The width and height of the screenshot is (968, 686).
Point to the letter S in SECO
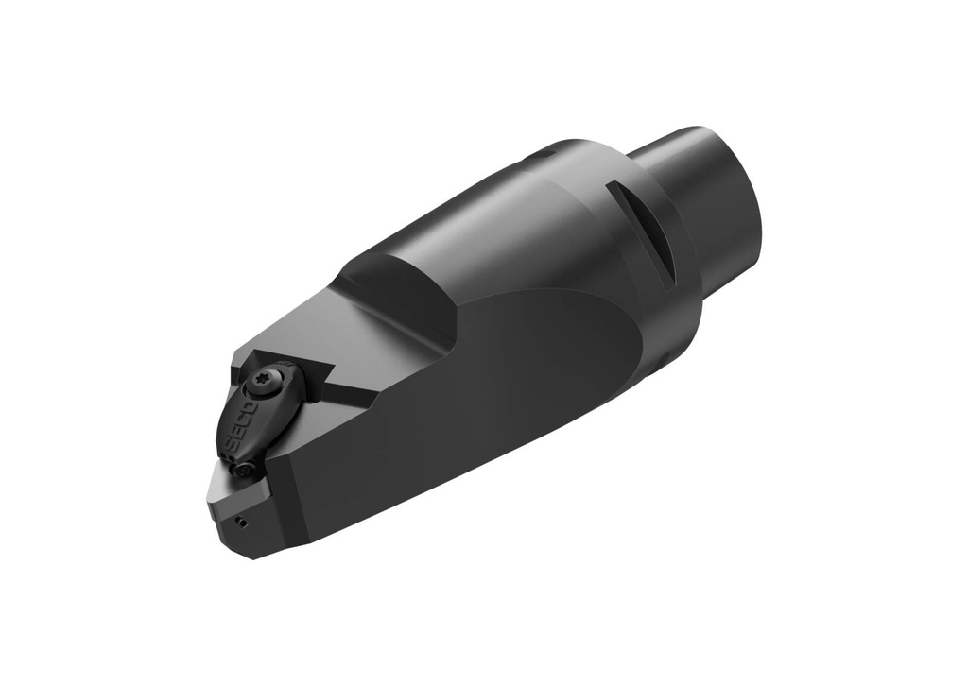coord(230,444)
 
